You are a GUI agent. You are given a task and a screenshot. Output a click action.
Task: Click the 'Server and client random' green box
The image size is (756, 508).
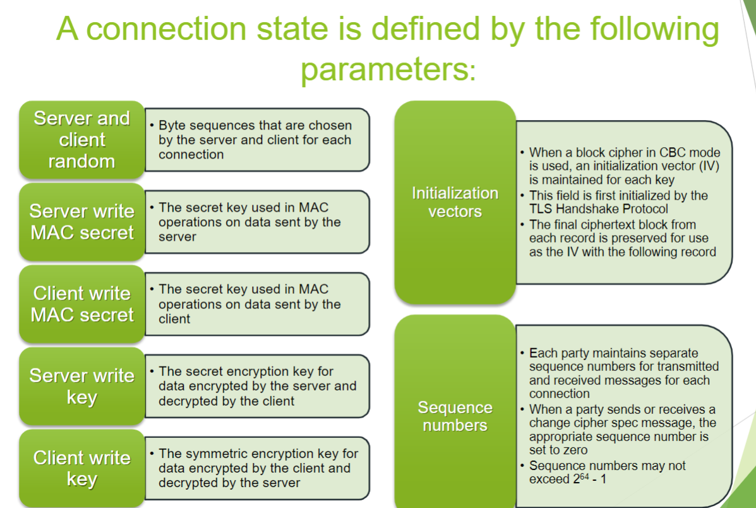(x=82, y=140)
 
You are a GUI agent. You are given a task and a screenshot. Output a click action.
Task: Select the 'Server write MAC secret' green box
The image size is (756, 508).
(x=82, y=222)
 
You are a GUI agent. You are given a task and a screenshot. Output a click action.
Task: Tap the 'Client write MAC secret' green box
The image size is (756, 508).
(x=82, y=304)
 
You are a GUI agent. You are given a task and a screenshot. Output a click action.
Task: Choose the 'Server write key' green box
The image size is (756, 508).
(x=82, y=386)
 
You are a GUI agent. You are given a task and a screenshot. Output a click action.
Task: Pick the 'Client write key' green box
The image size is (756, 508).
(x=82, y=468)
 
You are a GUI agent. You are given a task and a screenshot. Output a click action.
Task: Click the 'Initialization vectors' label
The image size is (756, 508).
(x=455, y=202)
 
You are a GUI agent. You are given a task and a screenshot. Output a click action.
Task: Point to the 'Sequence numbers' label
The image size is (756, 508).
(x=455, y=416)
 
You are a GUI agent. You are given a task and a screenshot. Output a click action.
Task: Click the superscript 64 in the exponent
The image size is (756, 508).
(x=584, y=476)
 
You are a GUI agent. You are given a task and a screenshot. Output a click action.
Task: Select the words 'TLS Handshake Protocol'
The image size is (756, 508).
(x=599, y=209)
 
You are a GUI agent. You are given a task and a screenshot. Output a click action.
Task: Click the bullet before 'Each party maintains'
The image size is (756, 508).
(x=523, y=353)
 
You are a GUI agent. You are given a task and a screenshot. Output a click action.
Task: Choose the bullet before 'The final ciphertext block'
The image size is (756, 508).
(x=523, y=225)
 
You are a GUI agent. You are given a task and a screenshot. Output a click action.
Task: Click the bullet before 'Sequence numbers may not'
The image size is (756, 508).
(x=523, y=466)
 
